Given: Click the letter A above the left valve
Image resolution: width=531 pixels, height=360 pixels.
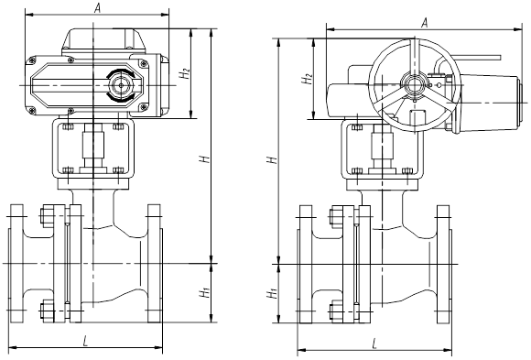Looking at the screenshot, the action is click(98, 8).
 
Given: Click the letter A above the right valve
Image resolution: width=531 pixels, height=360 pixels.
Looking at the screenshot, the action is click(425, 23).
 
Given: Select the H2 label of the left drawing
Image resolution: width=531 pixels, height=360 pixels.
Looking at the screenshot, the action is click(185, 73).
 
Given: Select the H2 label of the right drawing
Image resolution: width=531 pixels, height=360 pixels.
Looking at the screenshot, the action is click(308, 78).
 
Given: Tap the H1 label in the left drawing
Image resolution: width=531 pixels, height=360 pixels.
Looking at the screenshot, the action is click(205, 292).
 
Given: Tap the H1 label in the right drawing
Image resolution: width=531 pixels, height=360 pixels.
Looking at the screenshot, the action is click(272, 293).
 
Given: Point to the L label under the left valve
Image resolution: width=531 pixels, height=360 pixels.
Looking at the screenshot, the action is click(85, 341).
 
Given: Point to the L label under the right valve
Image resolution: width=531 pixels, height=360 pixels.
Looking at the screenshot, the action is click(374, 344).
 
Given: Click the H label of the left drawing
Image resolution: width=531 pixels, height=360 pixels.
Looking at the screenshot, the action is click(204, 158).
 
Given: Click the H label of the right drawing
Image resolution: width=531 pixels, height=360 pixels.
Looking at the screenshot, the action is click(272, 159).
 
